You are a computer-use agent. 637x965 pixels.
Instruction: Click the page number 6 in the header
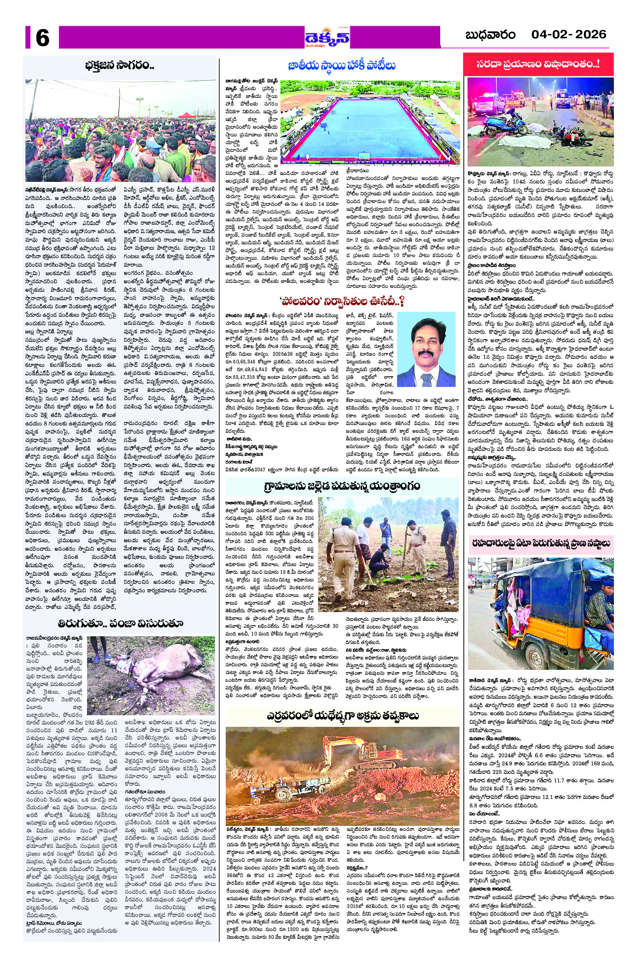coord(42,38)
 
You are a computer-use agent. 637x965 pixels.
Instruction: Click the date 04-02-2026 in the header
coord(568,34)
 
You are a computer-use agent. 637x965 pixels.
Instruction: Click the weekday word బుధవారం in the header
coord(490,35)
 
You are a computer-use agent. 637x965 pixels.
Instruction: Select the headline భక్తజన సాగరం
coord(120,66)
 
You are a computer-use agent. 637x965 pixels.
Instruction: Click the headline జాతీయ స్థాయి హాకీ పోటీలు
coord(342,66)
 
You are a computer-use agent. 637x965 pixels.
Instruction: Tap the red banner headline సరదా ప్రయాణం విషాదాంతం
coord(538,64)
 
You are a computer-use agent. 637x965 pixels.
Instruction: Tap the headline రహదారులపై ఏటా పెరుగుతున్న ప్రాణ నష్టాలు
coord(539,543)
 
